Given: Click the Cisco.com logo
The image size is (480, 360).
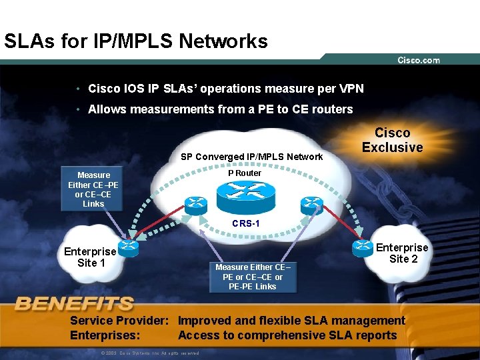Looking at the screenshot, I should click(x=419, y=60).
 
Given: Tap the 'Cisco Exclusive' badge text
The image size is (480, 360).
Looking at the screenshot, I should click(x=392, y=140).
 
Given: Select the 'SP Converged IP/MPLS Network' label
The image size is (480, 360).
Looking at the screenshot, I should click(x=252, y=157).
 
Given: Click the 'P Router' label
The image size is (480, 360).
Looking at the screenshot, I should click(x=245, y=173).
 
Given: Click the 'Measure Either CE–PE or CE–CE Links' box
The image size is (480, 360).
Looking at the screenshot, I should click(x=93, y=189).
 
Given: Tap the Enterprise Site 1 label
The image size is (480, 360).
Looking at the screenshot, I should click(x=90, y=257).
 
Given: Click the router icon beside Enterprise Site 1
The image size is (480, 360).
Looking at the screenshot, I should click(x=128, y=248).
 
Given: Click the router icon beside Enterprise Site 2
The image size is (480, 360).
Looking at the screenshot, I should click(x=363, y=247).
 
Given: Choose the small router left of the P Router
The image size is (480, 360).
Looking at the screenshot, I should click(x=197, y=204).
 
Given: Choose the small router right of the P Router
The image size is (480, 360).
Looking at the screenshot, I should click(x=311, y=203).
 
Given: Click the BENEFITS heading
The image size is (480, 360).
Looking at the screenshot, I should click(x=74, y=305).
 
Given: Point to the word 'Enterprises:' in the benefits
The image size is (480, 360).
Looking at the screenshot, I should click(x=105, y=335).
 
